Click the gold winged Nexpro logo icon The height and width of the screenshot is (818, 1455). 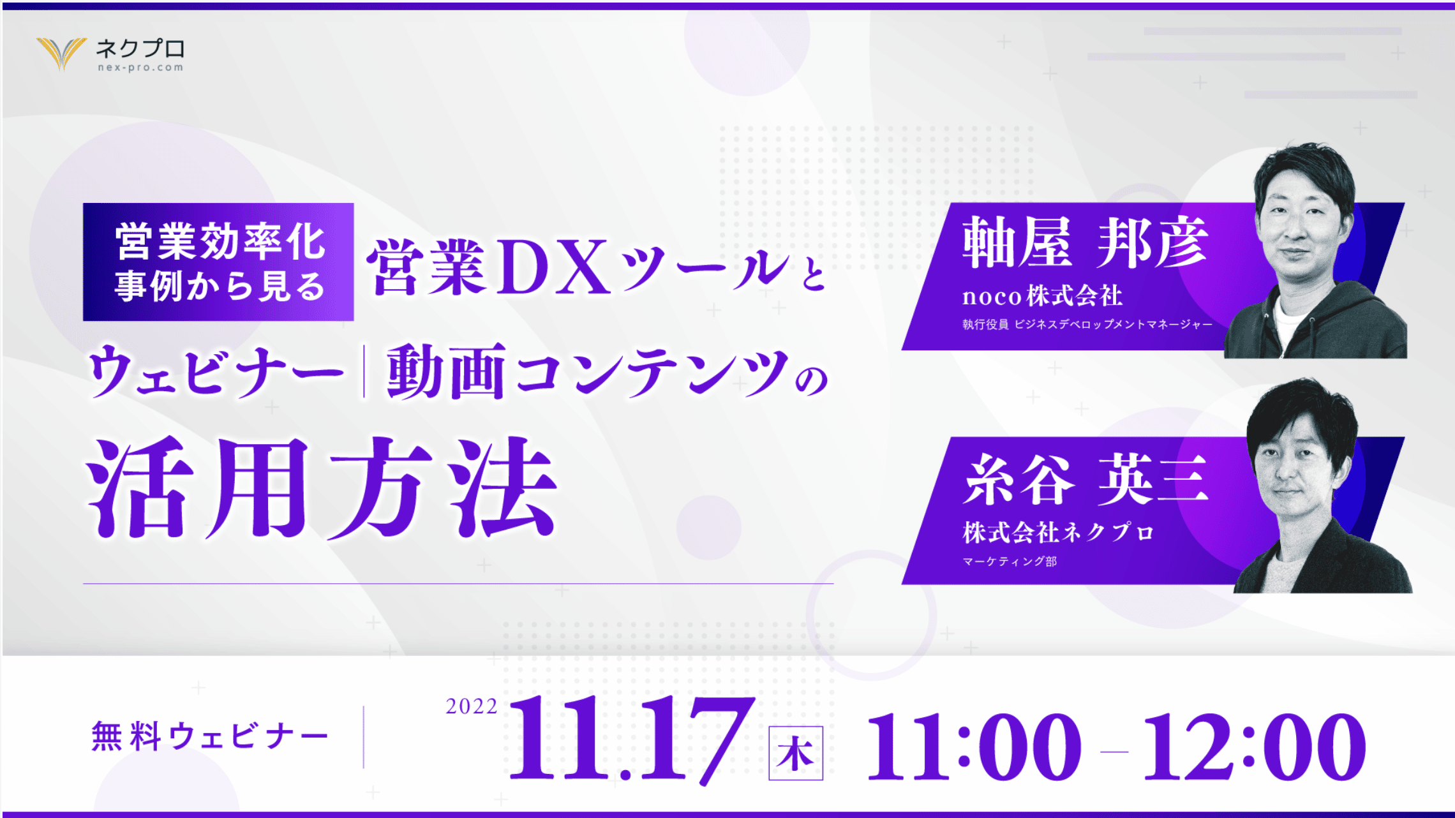62,53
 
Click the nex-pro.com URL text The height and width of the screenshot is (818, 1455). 140,68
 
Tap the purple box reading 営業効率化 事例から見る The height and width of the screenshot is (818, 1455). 218,262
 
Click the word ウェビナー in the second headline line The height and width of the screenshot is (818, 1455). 217,371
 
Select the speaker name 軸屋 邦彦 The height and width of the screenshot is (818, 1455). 1085,242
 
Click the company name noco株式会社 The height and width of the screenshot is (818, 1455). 1042,295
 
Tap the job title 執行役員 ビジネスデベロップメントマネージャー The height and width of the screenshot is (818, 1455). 1087,325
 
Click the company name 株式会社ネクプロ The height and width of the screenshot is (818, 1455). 1059,532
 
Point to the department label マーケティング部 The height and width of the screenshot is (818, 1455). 1010,561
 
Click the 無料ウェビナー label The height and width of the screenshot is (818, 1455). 210,736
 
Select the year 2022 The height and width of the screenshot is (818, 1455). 472,706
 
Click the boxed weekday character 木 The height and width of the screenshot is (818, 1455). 795,753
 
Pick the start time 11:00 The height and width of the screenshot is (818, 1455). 974,747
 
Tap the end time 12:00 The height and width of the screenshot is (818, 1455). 1255,747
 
